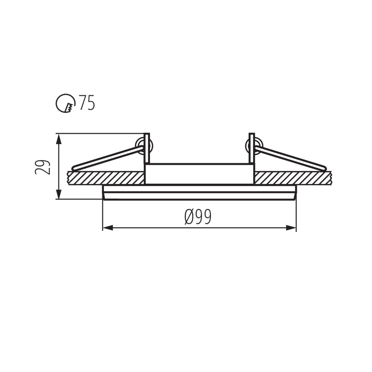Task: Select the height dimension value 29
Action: click(x=42, y=167)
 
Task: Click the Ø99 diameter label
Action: click(x=198, y=216)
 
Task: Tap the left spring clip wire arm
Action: click(x=107, y=159)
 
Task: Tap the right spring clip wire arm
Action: click(x=291, y=159)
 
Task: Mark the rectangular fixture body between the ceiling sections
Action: click(x=199, y=174)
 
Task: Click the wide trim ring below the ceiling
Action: click(x=199, y=193)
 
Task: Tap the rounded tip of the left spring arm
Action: click(x=74, y=168)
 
